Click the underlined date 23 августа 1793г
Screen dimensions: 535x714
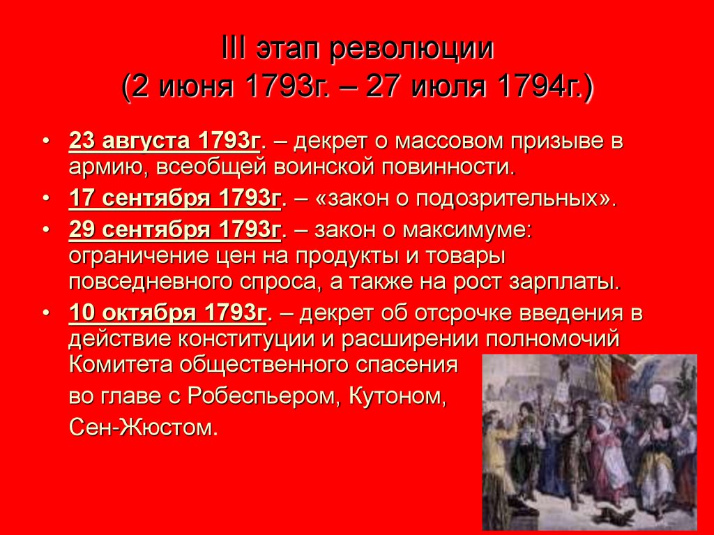(165, 142)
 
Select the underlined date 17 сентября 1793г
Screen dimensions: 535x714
(174, 199)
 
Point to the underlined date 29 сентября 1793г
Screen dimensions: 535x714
(174, 229)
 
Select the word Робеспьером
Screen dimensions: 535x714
(256, 395)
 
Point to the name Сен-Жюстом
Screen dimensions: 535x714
(144, 426)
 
